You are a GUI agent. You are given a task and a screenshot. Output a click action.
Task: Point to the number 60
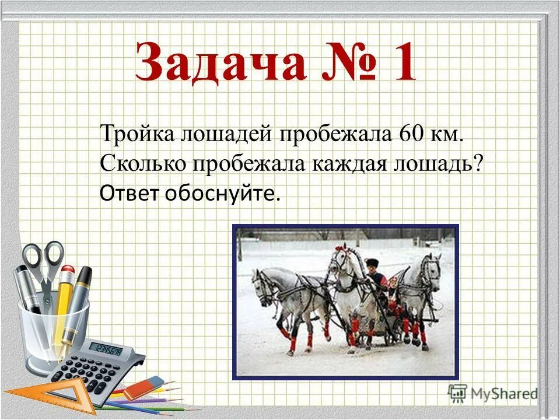[x=412, y=134]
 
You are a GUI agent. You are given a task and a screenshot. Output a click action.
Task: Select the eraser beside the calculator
[x=145, y=387]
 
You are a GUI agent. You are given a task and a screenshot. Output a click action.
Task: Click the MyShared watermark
[x=494, y=393]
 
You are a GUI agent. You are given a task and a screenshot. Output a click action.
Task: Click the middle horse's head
[x=338, y=262]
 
